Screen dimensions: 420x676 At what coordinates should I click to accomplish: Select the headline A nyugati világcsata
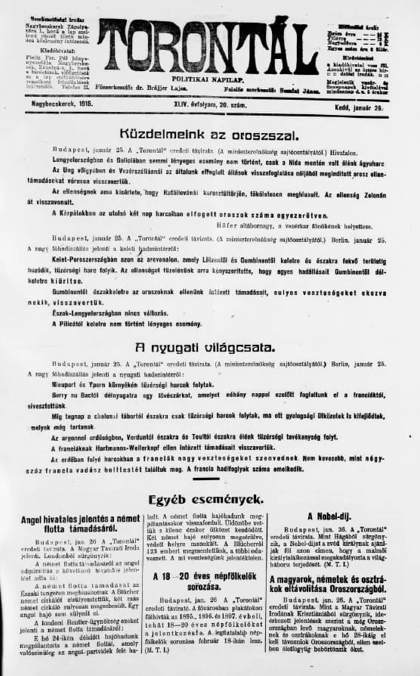(209, 348)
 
